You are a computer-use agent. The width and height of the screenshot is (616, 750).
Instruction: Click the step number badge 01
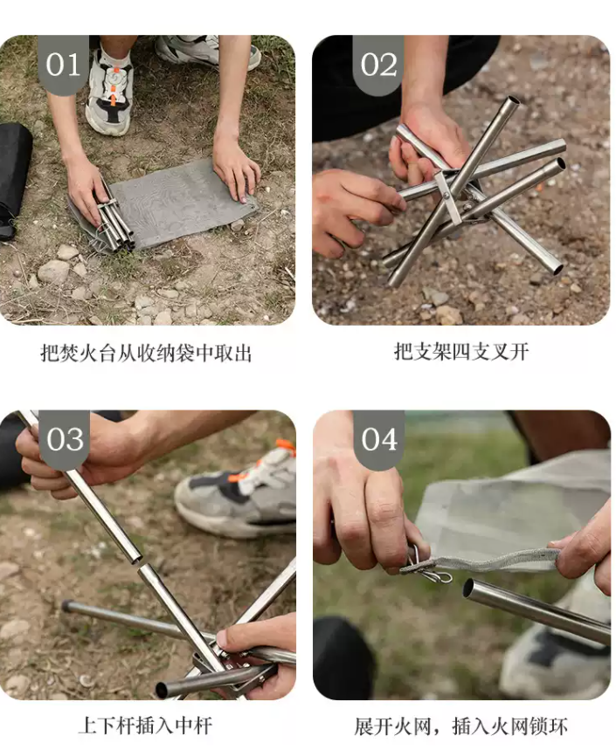[63, 64]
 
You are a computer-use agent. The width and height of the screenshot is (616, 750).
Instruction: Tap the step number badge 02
[377, 64]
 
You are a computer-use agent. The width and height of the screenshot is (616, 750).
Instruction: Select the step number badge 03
[64, 438]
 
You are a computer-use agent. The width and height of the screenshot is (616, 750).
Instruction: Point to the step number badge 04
[377, 438]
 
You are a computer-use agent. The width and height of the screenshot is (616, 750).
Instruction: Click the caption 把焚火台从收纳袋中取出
[146, 353]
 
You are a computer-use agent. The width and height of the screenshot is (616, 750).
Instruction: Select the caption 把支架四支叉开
[460, 352]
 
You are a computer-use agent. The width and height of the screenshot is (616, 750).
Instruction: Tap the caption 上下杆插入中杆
[146, 726]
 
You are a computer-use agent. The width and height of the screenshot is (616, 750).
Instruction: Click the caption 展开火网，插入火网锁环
[460, 726]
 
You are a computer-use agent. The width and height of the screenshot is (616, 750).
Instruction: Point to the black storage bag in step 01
[13, 175]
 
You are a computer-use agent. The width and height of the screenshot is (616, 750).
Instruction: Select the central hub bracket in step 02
[448, 197]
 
